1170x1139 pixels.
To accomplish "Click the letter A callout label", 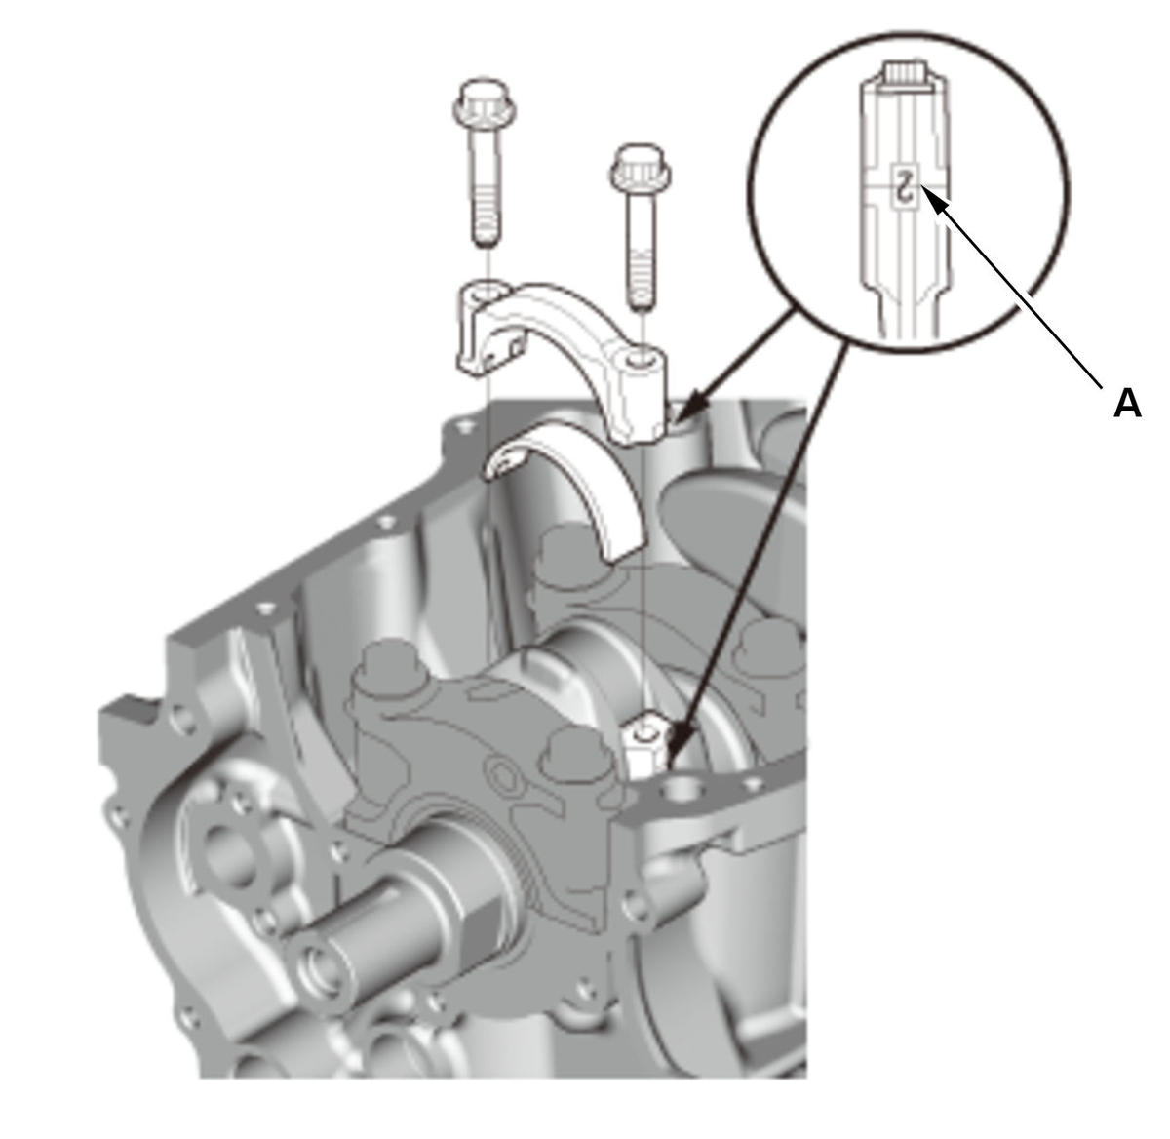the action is coord(1127,403).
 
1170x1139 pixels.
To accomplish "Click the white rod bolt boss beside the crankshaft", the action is coord(644,744).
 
